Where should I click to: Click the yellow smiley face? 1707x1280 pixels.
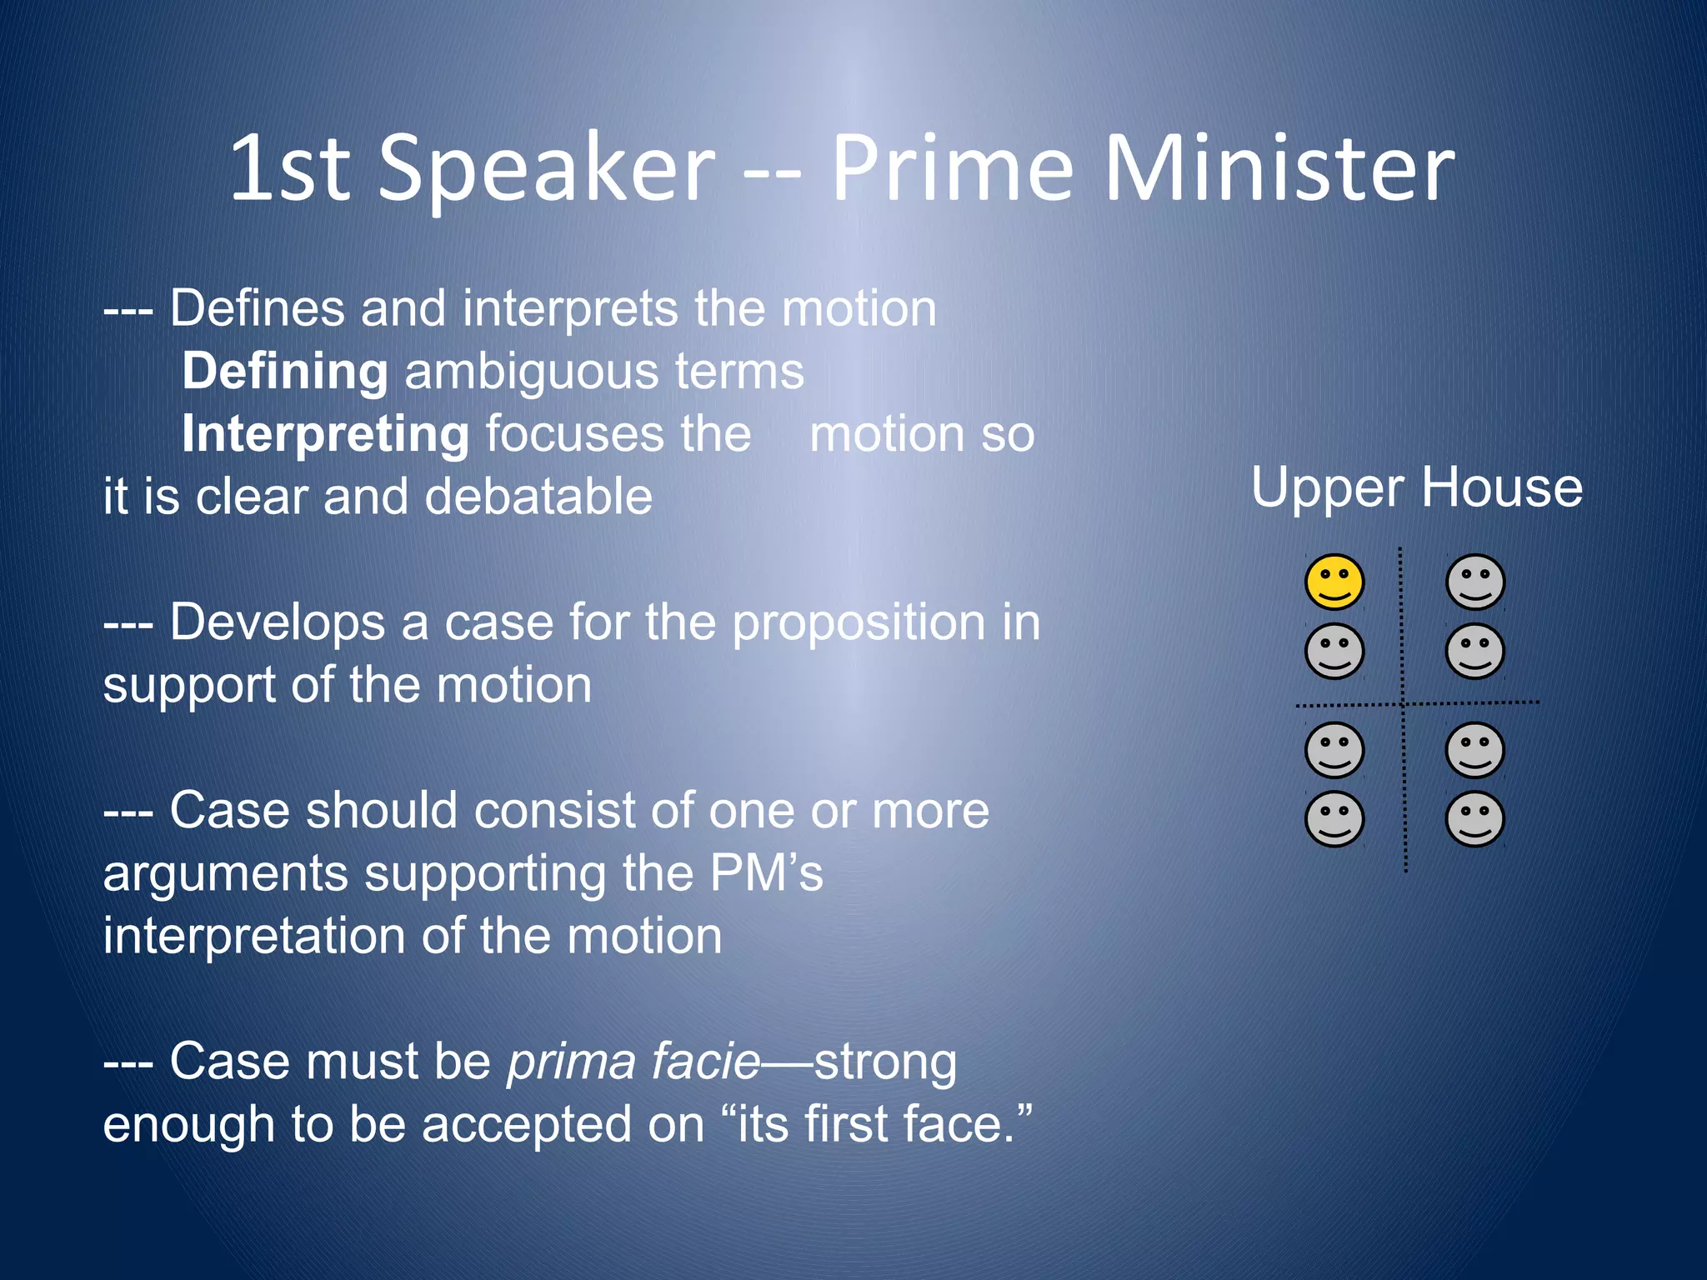tap(1334, 582)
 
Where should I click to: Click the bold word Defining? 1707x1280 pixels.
tap(284, 371)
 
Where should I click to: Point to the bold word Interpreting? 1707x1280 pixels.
tap(325, 435)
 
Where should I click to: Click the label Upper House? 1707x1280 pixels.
tap(1416, 487)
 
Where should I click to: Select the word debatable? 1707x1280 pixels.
tap(538, 497)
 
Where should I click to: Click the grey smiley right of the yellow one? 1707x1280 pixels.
tap(1474, 582)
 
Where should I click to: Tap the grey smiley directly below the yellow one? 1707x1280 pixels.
tap(1334, 651)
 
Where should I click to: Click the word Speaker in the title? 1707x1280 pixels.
tap(547, 171)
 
